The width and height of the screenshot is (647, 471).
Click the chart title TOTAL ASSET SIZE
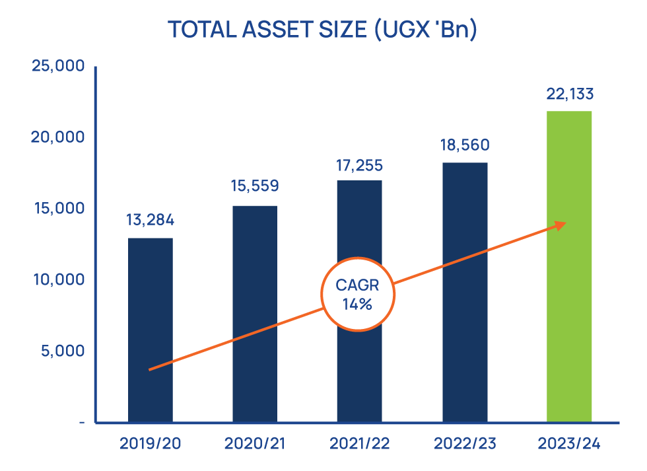pos(322,30)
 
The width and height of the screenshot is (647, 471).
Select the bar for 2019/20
pos(151,330)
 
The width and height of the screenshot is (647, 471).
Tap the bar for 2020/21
pos(255,314)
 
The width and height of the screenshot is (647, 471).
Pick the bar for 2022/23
pos(465,291)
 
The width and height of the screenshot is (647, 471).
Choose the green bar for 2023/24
pos(569,264)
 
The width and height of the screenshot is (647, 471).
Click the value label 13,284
pos(151,220)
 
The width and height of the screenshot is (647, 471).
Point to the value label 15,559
pos(255,186)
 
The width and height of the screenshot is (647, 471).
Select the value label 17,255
pos(359,164)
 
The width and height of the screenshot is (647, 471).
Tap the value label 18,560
pos(465,145)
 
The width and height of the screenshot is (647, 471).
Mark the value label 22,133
pos(569,93)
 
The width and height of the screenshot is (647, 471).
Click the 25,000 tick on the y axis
pos(58,66)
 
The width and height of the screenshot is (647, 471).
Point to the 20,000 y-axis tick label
pos(58,137)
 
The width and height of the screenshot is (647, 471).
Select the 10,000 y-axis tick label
pos(58,279)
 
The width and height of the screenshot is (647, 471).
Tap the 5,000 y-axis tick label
pos(62,351)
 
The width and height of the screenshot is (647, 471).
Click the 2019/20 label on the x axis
pos(151,443)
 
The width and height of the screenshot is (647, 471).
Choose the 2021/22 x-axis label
pos(359,443)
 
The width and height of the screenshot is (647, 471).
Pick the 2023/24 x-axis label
pos(569,443)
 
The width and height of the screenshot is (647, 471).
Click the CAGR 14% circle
pos(357,295)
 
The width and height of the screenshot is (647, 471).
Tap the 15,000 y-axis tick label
pos(58,208)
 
